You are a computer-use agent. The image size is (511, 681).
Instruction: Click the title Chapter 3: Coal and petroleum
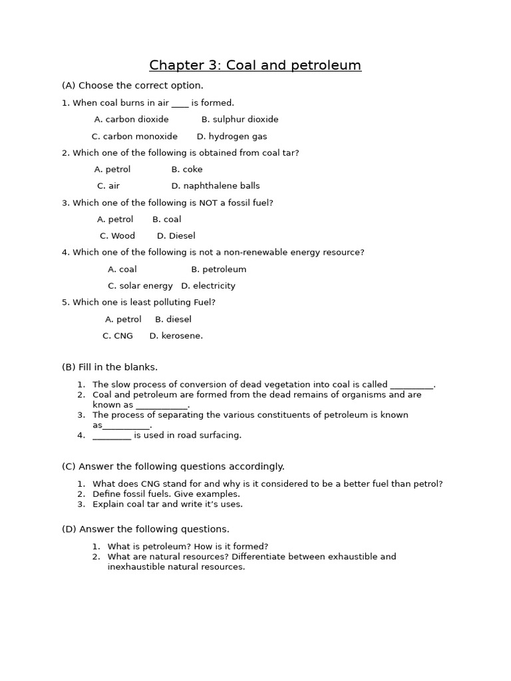(255, 65)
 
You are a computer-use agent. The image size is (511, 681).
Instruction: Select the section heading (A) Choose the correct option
(132, 86)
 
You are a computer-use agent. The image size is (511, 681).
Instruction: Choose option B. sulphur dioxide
(240, 120)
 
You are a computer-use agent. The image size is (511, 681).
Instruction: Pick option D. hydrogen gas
(232, 136)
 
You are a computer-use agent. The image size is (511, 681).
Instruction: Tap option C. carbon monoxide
(134, 136)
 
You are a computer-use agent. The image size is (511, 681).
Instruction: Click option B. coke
(187, 170)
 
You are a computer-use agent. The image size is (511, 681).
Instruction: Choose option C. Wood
(117, 236)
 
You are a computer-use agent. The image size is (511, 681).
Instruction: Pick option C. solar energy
(140, 286)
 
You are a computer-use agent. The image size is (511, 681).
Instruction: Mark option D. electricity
(208, 286)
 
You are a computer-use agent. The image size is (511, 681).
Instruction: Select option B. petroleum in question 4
(218, 269)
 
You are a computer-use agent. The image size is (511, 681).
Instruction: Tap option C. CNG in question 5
(118, 336)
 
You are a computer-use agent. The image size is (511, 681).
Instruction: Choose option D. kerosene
(176, 336)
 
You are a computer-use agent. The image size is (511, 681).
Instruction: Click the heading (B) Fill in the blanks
(110, 367)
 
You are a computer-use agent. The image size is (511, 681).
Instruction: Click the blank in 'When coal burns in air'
(180, 104)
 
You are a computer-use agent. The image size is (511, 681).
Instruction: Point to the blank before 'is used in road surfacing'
(112, 436)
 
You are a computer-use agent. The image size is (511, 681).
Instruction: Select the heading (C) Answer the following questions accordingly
(173, 467)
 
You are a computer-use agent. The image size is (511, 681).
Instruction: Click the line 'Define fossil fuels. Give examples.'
(166, 494)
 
